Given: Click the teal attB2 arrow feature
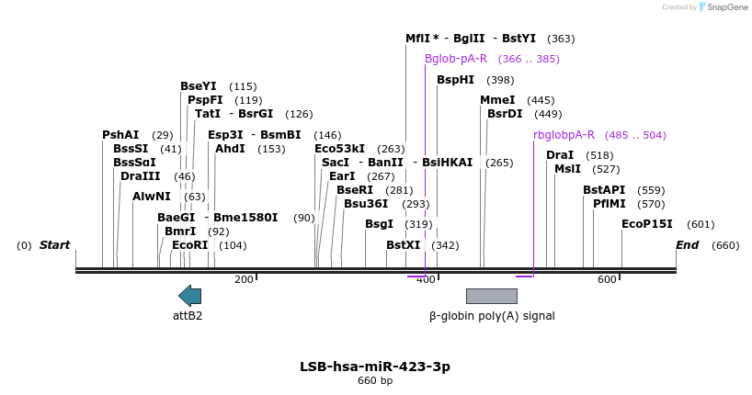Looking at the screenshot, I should [189, 295].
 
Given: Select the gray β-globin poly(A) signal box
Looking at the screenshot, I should [491, 296].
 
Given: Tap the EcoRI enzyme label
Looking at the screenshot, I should [190, 245].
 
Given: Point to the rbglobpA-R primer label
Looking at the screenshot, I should [564, 135].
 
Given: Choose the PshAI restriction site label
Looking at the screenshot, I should [120, 135].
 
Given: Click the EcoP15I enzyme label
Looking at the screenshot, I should [647, 224].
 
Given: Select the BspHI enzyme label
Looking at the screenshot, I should [455, 80].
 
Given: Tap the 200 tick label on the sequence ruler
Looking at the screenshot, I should [244, 279].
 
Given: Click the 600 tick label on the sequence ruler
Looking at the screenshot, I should [607, 279].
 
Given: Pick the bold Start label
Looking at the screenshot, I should [54, 245].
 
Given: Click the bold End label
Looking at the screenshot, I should [687, 245].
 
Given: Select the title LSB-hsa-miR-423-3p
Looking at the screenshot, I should [375, 367].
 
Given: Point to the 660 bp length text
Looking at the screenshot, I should [375, 381].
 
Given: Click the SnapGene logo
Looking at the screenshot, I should [724, 7].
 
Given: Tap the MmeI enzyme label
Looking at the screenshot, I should [497, 100].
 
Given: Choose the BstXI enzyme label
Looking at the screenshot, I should [403, 245].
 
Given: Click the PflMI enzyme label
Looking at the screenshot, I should [609, 204].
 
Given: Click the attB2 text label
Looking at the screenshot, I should [188, 315].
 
